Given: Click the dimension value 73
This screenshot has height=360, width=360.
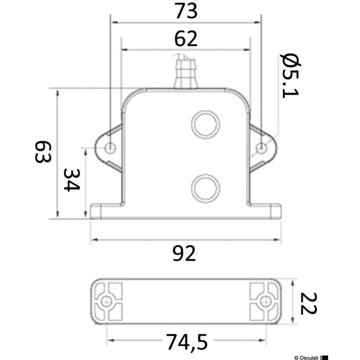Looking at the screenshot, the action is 186,11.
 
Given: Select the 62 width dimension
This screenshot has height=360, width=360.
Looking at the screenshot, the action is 186,39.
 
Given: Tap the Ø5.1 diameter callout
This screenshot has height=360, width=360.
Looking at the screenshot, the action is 290,76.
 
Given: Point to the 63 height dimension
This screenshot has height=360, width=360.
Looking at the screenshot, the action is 43,152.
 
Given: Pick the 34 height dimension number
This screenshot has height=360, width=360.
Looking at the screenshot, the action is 72,180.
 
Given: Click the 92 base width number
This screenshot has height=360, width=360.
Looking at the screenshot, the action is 184,254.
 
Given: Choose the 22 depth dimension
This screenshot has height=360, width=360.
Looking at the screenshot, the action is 309,303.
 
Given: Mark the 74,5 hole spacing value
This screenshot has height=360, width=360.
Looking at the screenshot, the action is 187,342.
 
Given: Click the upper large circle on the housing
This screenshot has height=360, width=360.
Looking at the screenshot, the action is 205,125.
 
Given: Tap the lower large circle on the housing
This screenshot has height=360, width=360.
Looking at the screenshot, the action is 205,188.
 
